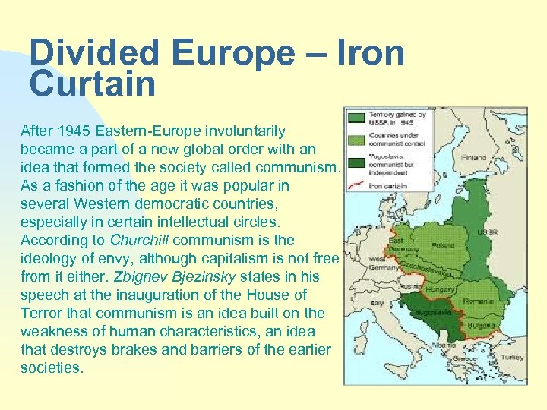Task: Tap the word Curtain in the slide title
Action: pyautogui.click(x=93, y=84)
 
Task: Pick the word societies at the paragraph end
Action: pyautogui.click(x=51, y=368)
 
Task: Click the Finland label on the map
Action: pyautogui.click(x=474, y=157)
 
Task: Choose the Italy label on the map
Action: pyautogui.click(x=378, y=302)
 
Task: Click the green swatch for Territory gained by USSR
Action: pyautogui.click(x=356, y=118)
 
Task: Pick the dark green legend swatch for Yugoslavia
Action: pyautogui.click(x=356, y=161)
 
